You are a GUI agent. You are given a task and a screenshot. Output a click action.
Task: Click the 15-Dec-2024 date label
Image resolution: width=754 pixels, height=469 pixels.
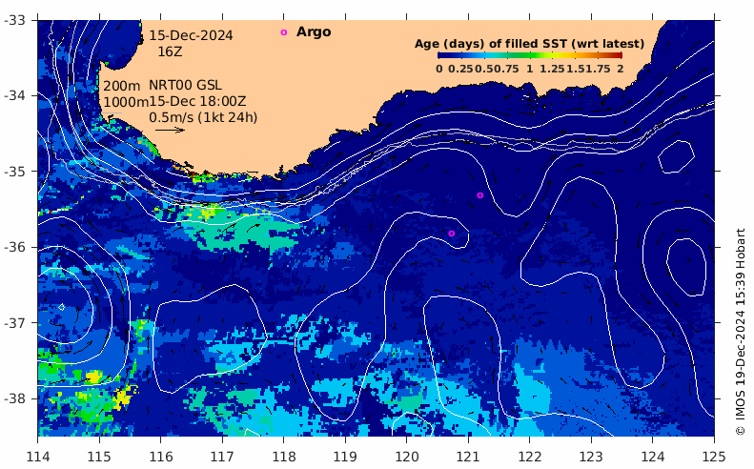pos(191,35)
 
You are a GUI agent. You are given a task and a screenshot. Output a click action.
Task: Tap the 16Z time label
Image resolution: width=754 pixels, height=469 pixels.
pos(171,51)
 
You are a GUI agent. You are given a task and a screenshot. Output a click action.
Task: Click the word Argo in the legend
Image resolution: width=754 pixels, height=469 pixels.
pos(314,31)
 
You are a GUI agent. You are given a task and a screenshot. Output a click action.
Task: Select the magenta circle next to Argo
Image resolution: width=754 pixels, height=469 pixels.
pos(283,32)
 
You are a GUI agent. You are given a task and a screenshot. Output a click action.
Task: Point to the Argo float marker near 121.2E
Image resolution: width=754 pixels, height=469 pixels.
pos(480,195)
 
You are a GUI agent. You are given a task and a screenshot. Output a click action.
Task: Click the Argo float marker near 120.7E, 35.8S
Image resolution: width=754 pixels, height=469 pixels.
pos(452,233)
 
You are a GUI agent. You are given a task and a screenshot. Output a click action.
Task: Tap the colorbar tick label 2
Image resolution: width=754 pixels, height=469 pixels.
pos(620,69)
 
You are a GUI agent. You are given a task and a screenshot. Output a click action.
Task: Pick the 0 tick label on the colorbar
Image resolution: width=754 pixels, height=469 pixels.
pos(439,69)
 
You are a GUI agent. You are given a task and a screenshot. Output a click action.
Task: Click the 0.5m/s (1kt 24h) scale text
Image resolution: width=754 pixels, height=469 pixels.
pos(203,117)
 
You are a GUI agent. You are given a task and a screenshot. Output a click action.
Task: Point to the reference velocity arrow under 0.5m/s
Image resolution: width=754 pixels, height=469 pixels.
pos(170,130)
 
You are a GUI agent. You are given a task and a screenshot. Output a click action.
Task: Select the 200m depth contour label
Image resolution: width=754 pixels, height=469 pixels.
pos(119,86)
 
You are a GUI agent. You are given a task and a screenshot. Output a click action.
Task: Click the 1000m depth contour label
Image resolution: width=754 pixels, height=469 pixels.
pos(123,102)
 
